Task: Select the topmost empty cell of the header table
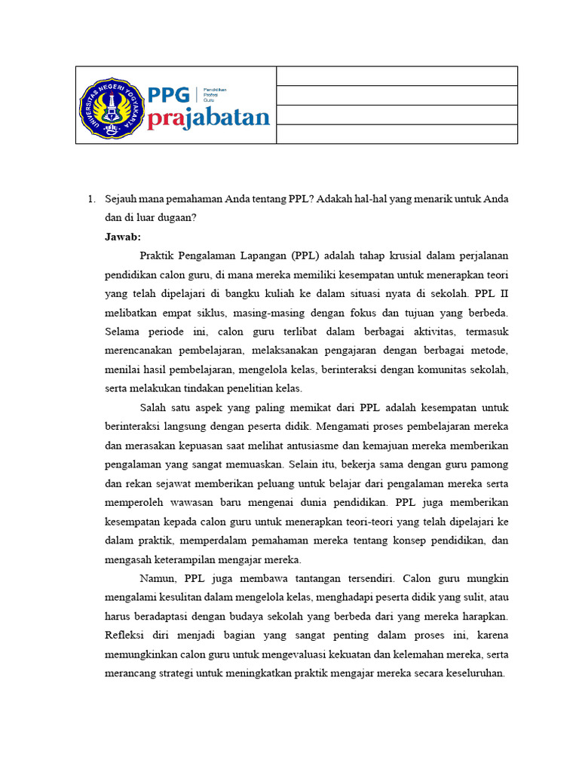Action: click(397, 75)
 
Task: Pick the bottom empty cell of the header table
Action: click(397, 133)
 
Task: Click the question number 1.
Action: click(90, 199)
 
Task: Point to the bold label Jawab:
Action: click(123, 237)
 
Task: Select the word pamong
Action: click(492, 464)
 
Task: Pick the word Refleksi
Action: click(124, 635)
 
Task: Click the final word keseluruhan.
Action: click(473, 672)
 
